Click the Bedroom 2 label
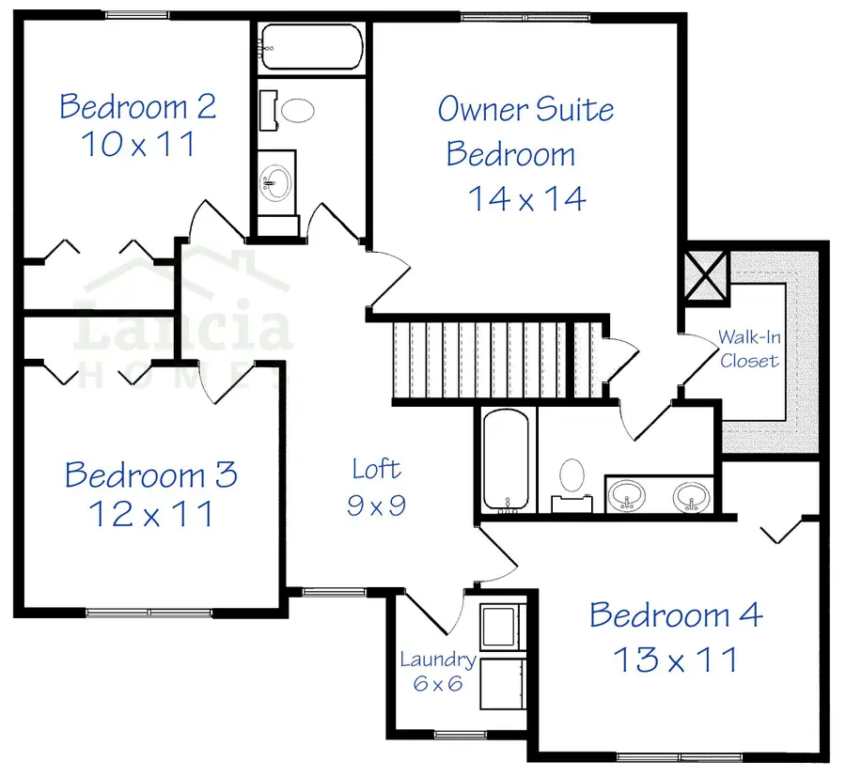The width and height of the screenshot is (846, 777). (x=138, y=106)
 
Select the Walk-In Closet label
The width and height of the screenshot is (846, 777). (x=748, y=348)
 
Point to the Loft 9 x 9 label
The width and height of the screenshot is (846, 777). (x=376, y=486)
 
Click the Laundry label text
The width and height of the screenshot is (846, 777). (x=438, y=660)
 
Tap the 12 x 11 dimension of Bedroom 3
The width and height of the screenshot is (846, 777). (x=150, y=514)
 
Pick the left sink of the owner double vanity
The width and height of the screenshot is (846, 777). (x=626, y=494)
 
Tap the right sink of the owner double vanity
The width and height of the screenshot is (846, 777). (x=691, y=494)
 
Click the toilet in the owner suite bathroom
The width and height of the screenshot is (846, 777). (x=571, y=476)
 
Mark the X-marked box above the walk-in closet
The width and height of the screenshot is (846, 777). (x=707, y=273)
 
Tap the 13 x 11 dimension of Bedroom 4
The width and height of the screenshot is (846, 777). (x=676, y=659)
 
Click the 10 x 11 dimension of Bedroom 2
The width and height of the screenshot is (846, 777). (x=138, y=146)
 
